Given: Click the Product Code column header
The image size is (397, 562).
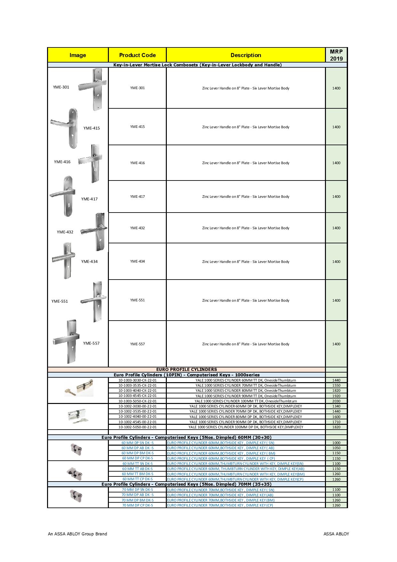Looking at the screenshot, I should tap(137, 55).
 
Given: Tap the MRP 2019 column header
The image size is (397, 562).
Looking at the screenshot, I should tap(336, 55).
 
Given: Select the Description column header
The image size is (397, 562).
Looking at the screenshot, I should tap(246, 55).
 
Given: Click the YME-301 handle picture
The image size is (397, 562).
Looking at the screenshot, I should tap(93, 89).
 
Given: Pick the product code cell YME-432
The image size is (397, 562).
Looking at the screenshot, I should tap(137, 228).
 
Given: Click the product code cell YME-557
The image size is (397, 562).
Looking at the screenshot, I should tap(137, 344).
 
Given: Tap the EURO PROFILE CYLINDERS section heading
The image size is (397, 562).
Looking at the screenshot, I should tap(186, 369).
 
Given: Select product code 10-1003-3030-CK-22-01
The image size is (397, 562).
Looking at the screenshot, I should tap(137, 380).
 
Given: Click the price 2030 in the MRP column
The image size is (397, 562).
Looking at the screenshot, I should tap(336, 401).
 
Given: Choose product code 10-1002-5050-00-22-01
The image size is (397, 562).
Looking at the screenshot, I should tap(137, 427).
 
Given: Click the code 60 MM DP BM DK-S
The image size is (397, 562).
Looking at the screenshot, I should tap(137, 453).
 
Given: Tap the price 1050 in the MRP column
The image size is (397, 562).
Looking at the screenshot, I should tap(336, 448).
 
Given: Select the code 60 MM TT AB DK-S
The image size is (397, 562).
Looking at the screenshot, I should tap(137, 469).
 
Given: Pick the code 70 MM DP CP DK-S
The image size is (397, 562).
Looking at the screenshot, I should tap(137, 505).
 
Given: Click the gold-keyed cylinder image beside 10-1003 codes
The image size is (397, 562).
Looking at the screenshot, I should tap(78, 388).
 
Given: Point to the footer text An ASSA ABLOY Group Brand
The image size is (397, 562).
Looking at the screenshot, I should tap(77, 534).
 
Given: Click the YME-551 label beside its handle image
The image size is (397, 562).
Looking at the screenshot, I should tap(60, 301).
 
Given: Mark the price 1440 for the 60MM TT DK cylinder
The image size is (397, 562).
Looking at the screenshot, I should tap(336, 380).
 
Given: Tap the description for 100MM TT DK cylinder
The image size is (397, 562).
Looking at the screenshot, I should tap(246, 401).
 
